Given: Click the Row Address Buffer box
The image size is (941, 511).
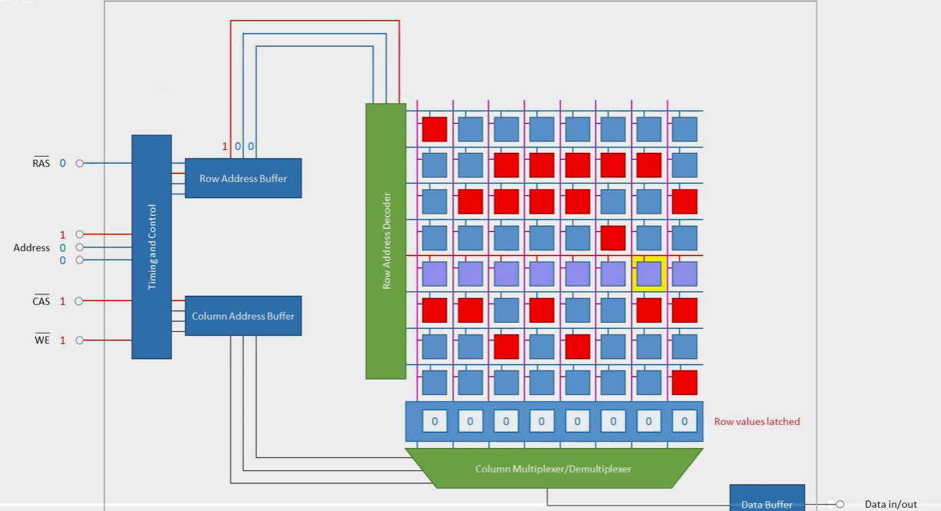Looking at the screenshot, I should click(x=243, y=178).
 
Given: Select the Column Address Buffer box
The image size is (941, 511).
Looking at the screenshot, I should click(x=243, y=316).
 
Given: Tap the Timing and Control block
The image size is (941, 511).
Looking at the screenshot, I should click(x=151, y=247).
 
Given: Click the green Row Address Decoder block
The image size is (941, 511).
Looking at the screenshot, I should click(x=386, y=241).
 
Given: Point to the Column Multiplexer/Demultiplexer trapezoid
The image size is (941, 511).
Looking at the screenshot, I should click(x=554, y=468).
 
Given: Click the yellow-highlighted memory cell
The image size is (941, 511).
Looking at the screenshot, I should click(x=649, y=274).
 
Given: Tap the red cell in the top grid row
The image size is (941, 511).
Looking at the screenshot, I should click(x=434, y=129).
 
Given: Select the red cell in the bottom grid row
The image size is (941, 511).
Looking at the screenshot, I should click(x=684, y=382).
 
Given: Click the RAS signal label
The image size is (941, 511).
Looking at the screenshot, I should click(x=41, y=163).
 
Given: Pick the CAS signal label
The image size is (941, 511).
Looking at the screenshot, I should click(x=42, y=301).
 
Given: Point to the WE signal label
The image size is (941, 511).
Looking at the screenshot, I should click(x=42, y=340).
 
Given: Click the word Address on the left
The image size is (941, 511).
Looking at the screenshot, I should click(x=32, y=247).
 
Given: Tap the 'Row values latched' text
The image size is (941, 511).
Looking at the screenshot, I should click(x=756, y=421).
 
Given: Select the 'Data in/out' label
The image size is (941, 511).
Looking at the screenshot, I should click(x=891, y=504).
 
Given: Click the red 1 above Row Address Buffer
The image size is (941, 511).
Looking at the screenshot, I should click(x=225, y=146).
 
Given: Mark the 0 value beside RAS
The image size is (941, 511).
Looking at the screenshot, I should click(x=62, y=163).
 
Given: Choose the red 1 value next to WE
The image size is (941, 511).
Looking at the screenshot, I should click(x=62, y=340).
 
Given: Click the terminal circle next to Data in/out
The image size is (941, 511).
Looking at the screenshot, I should click(x=840, y=504).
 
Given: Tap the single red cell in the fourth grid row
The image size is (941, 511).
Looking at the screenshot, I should click(x=613, y=237).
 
